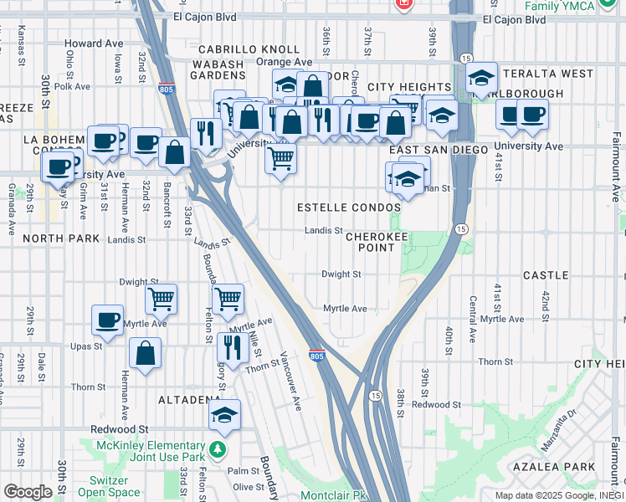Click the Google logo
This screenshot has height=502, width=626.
27,492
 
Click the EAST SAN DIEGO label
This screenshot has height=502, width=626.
439,149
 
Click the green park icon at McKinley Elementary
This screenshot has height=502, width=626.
218,450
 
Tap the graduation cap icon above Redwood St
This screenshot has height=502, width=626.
224,413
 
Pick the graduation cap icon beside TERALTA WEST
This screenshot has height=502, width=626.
481,78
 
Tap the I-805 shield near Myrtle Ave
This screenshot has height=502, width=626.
316,356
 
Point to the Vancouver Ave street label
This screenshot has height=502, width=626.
291,381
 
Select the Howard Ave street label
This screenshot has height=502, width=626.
94,44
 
